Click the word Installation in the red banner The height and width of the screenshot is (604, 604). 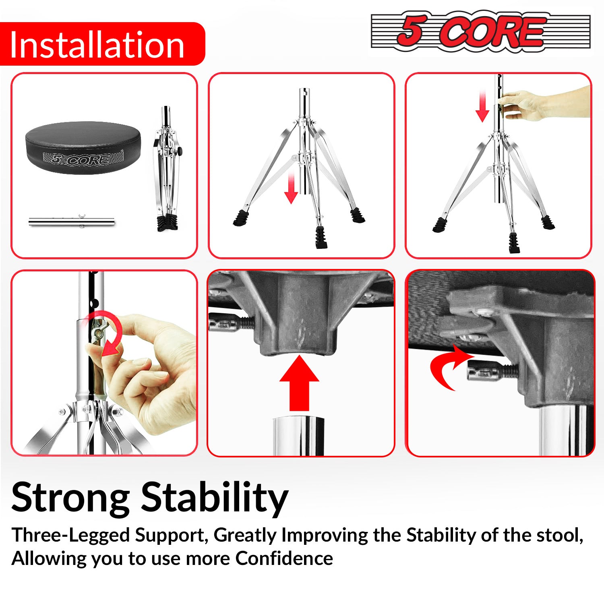pos(97,44)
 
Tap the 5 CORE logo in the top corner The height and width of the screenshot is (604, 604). pos(480,31)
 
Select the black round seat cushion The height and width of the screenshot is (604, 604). pos(83,148)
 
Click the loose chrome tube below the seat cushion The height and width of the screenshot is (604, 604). pos(72,221)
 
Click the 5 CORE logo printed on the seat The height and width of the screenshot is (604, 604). pos(83,158)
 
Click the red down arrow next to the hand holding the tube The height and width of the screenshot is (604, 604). pos(482,106)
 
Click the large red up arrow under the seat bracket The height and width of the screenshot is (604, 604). pos(299,383)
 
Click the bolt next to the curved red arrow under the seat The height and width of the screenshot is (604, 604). pos(493,371)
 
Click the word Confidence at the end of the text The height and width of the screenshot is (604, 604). pos(284,558)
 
